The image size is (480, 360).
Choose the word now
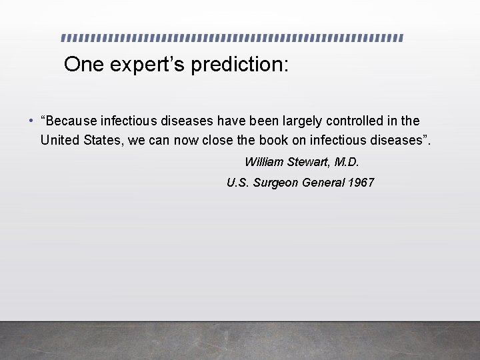point(187,140)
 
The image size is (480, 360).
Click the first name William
point(265,162)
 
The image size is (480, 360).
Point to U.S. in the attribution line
point(238,183)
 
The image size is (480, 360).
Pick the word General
point(323,183)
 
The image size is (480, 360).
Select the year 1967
point(361,183)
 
